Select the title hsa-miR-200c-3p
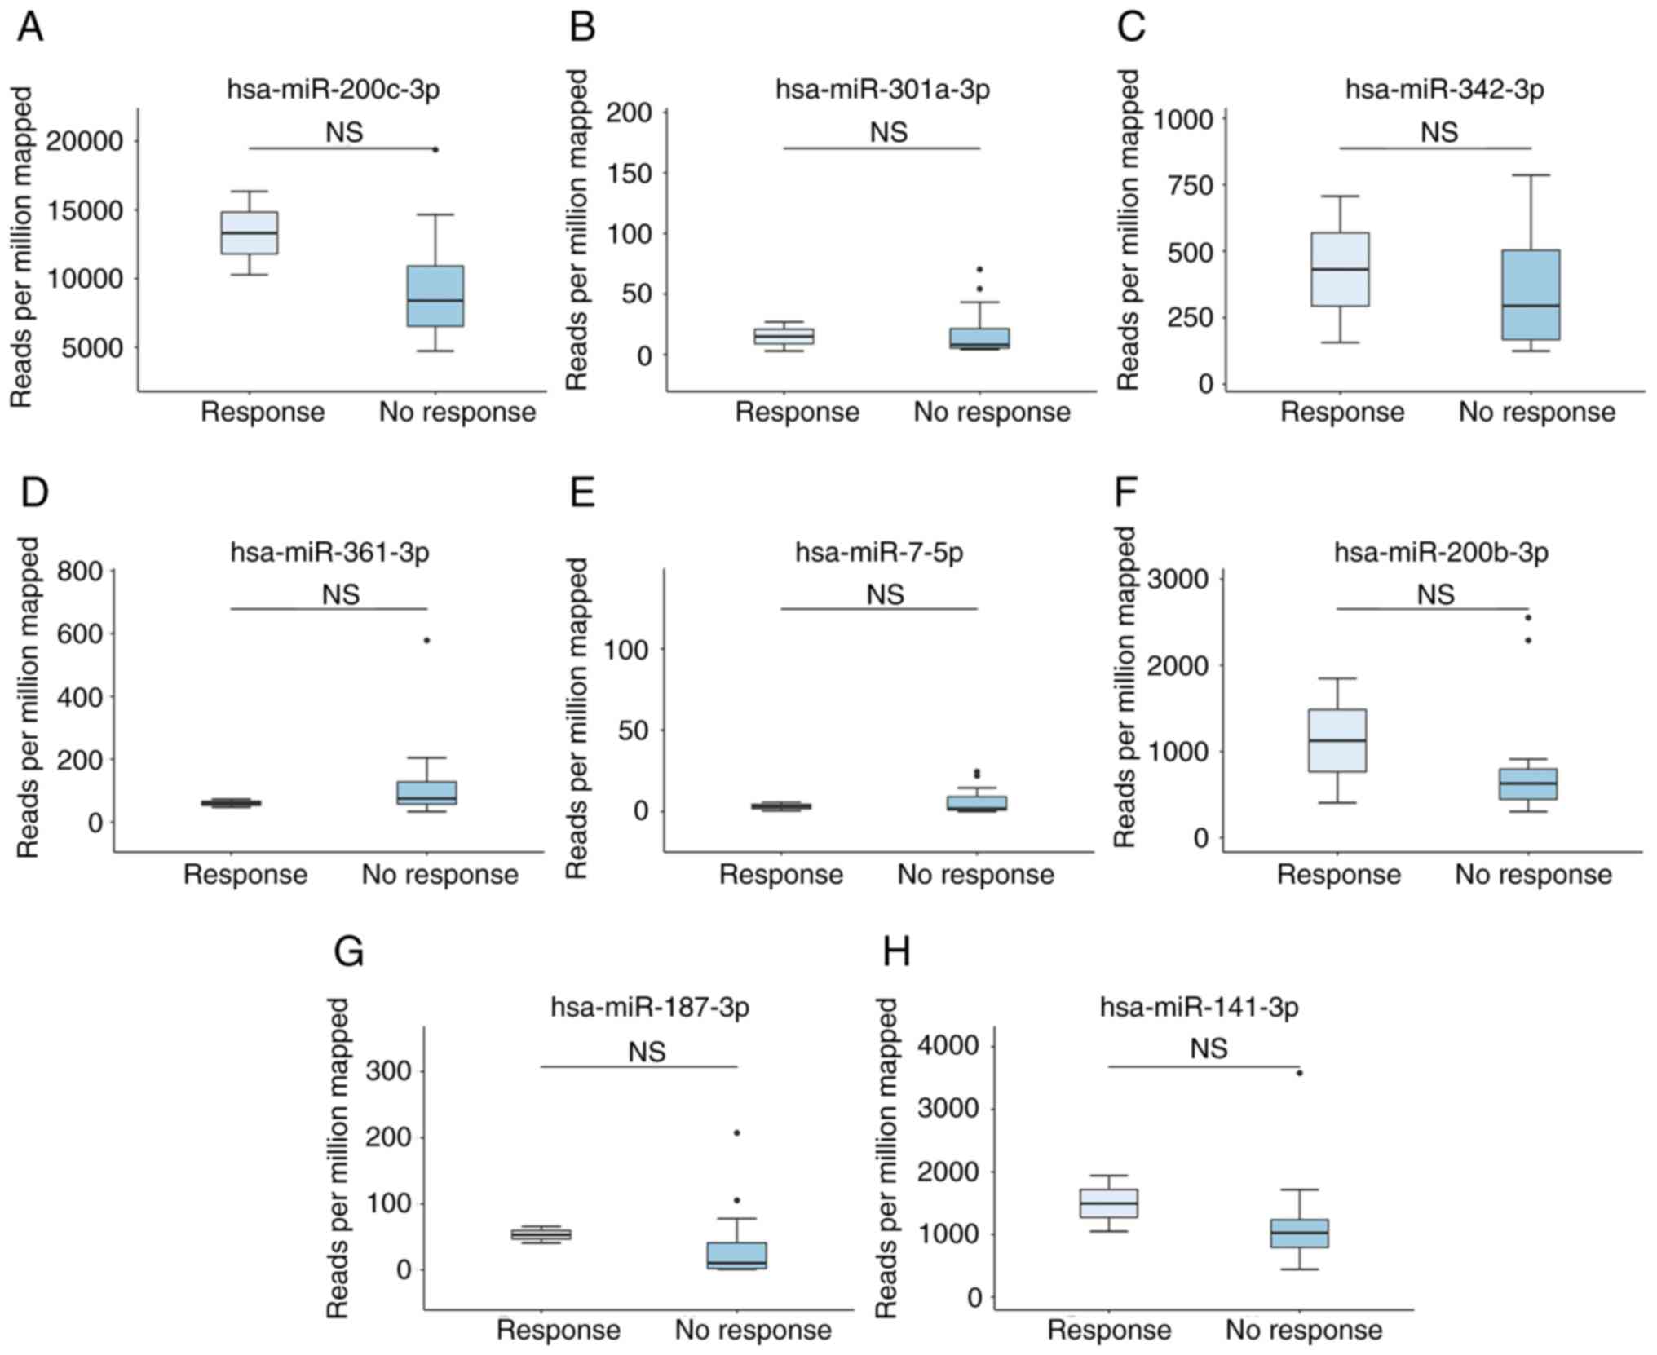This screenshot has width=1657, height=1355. click(333, 89)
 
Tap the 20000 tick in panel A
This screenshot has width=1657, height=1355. click(85, 142)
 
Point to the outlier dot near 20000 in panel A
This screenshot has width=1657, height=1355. click(435, 149)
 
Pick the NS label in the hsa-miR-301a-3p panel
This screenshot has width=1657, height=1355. click(888, 131)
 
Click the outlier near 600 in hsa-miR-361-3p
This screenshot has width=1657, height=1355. click(426, 640)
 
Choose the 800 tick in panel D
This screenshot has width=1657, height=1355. click(81, 571)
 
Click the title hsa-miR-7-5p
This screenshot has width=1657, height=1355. click(879, 552)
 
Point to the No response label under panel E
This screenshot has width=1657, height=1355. click(975, 875)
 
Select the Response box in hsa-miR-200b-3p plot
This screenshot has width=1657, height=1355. click(1337, 740)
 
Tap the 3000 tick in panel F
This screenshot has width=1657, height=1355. click(1178, 580)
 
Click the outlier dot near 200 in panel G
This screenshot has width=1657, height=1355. click(736, 1132)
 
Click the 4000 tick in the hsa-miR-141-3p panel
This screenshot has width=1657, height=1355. click(952, 1046)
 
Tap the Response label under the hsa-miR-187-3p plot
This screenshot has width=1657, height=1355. click(559, 1330)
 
